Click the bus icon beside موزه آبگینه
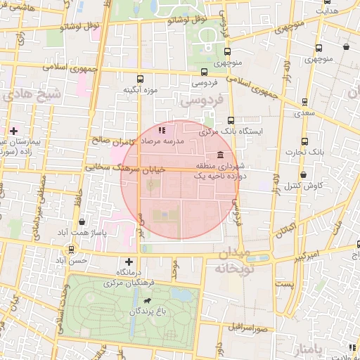tap(139, 79)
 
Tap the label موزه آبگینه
tap(139, 90)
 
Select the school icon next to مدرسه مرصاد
tap(161, 130)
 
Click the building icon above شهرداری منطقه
tap(221, 155)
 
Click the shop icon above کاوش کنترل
tap(303, 174)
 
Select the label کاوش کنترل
tap(304, 186)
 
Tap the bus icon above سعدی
tap(304, 101)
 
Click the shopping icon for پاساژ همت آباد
tap(83, 221)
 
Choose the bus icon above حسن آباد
tap(72, 249)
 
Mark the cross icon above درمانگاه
tap(129, 262)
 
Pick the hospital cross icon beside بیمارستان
tap(13, 130)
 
